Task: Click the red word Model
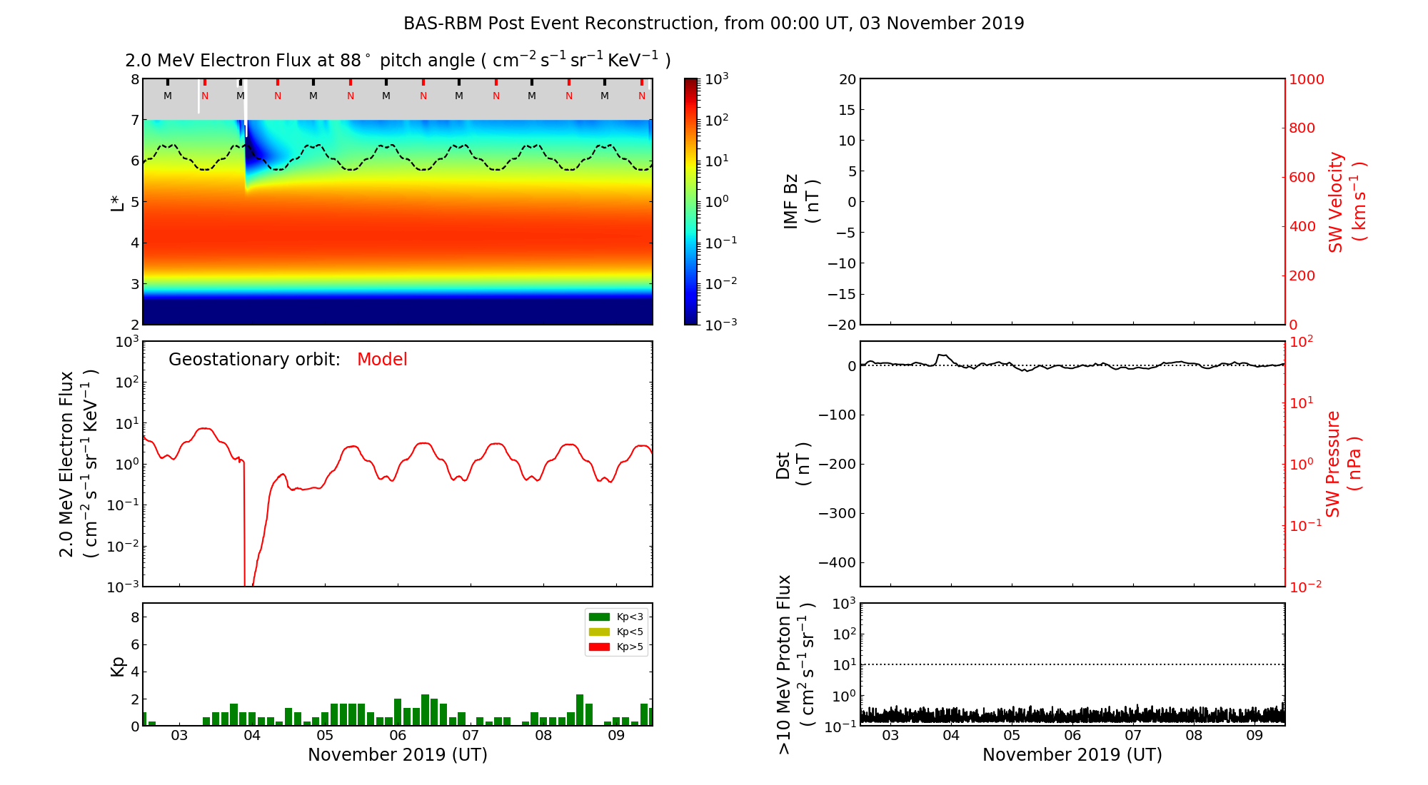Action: pyautogui.click(x=382, y=360)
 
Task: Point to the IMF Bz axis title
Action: pyautogui.click(x=800, y=201)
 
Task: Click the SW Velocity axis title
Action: pyautogui.click(x=1347, y=201)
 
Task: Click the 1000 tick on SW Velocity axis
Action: pyautogui.click(x=1307, y=79)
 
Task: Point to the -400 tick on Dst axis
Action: pyautogui.click(x=837, y=562)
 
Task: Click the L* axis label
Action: pyautogui.click(x=118, y=202)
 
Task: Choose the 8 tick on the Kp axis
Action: pyautogui.click(x=134, y=617)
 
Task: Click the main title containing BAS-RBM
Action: pyautogui.click(x=713, y=24)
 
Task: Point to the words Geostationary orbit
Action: pyautogui.click(x=254, y=360)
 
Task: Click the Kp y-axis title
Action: pyautogui.click(x=118, y=666)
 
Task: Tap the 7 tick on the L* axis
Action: pyautogui.click(x=134, y=120)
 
